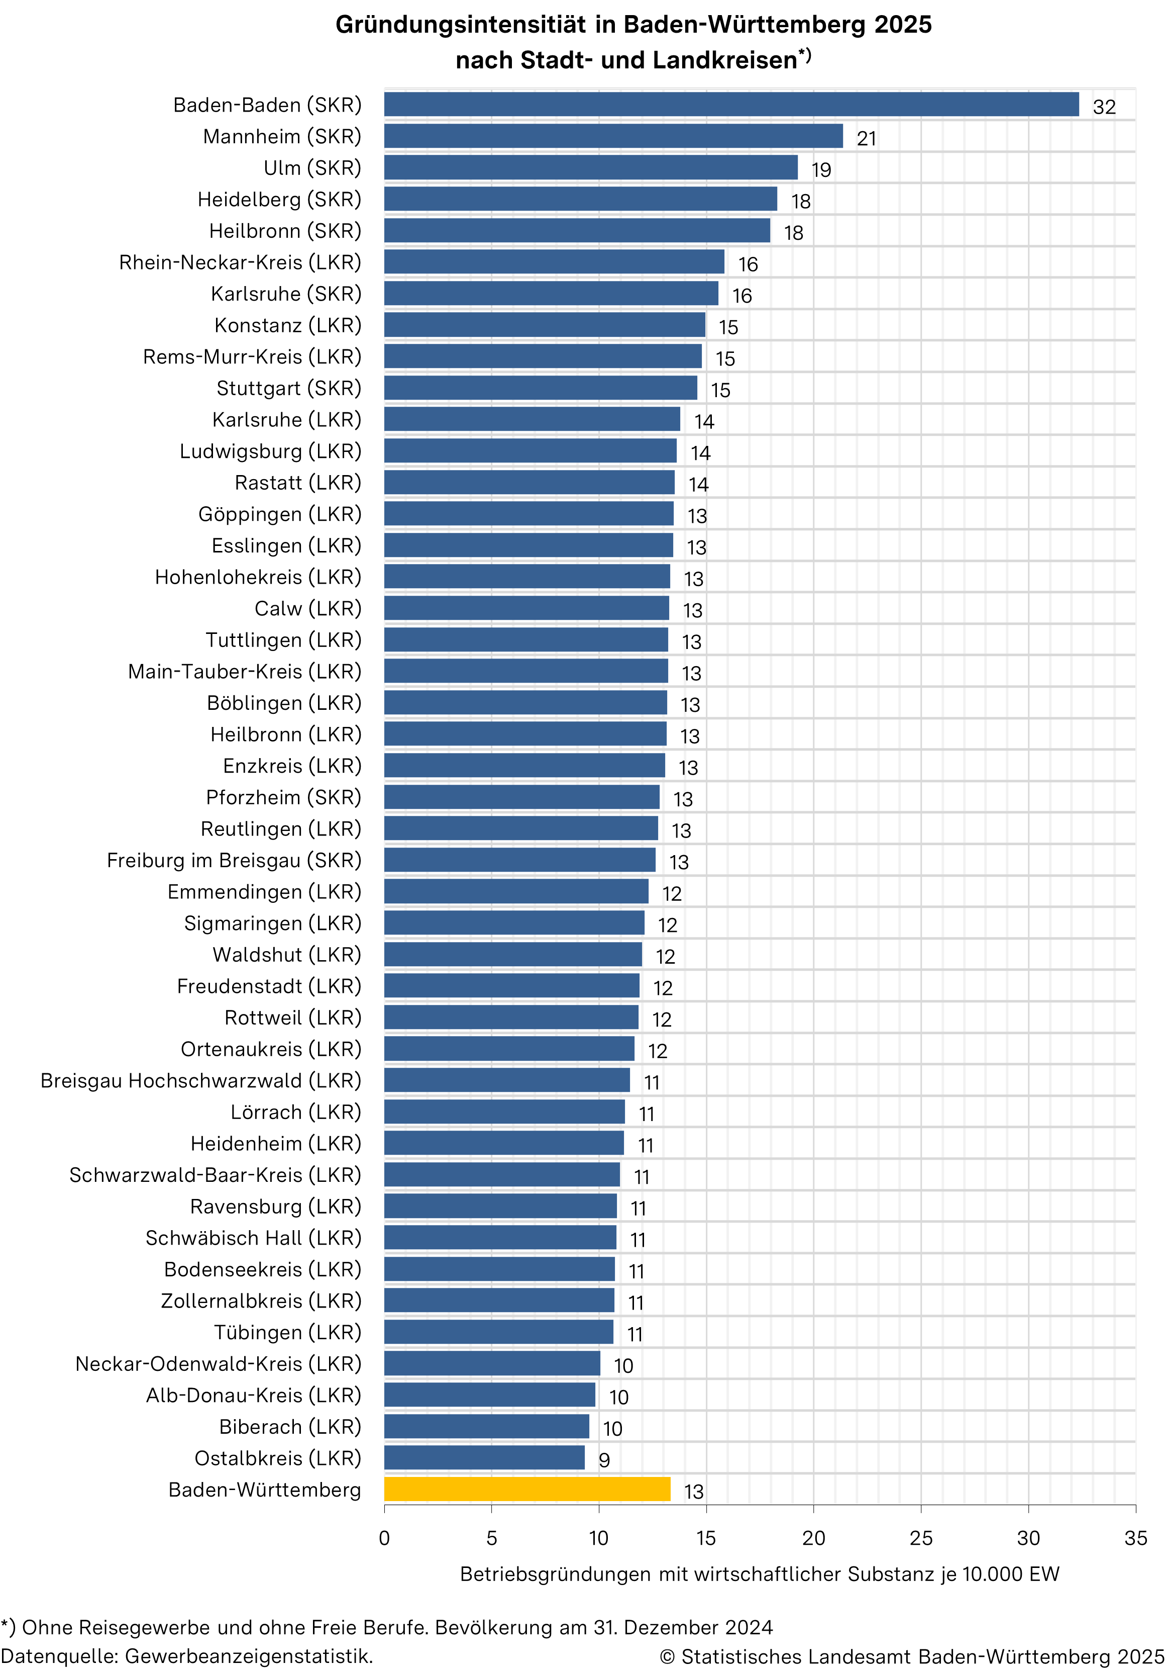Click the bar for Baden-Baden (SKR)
pos(731,105)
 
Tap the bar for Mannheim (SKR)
pos(613,136)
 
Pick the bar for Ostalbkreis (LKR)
pos(484,1457)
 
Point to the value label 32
pos(1104,107)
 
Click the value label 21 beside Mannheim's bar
pos(866,138)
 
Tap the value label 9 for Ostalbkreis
pos(604,1460)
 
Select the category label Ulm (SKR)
pos(312,168)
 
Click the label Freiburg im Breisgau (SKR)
pos(234,860)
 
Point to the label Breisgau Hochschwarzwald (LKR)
pos(200,1080)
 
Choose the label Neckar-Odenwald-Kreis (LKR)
pos(218,1364)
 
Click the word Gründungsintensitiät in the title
pos(461,25)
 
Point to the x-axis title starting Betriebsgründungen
pos(759,1574)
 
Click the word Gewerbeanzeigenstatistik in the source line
pos(249,1656)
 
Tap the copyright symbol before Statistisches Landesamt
pos(667,1656)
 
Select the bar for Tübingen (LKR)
pos(498,1332)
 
